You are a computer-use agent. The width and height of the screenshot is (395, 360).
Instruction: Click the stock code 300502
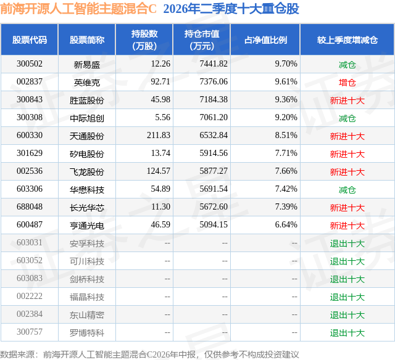click(30, 64)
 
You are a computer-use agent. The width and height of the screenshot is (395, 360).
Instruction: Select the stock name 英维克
click(86, 82)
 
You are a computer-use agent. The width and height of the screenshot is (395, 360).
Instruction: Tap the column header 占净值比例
click(265, 39)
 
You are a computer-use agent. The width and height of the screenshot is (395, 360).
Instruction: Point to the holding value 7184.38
click(214, 100)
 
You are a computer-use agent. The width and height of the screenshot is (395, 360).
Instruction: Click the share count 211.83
click(159, 136)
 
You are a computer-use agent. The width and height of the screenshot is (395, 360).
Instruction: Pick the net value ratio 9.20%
click(286, 118)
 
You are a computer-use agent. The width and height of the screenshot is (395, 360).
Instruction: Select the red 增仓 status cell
click(347, 82)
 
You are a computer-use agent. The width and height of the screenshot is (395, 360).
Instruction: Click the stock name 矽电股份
click(86, 153)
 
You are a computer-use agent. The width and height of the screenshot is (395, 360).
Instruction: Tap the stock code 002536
click(30, 171)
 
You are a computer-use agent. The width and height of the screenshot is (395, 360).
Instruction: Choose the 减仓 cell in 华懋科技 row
click(347, 189)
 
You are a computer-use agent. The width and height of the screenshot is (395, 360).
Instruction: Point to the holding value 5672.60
click(214, 207)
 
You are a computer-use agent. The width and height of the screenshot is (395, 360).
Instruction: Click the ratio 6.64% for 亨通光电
click(286, 224)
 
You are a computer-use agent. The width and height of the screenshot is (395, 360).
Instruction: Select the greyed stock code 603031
click(30, 242)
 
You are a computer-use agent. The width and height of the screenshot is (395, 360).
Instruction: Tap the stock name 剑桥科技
click(86, 279)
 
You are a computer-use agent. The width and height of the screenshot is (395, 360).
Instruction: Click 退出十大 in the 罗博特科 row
click(347, 333)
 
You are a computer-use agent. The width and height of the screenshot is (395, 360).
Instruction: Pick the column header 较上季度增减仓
click(347, 39)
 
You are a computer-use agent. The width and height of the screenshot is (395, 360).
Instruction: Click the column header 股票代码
click(30, 39)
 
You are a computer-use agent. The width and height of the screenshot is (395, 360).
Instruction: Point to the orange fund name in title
click(78, 9)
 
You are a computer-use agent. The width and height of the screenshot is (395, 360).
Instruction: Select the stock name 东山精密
click(86, 315)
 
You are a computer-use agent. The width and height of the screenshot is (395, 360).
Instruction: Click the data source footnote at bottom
click(149, 354)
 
